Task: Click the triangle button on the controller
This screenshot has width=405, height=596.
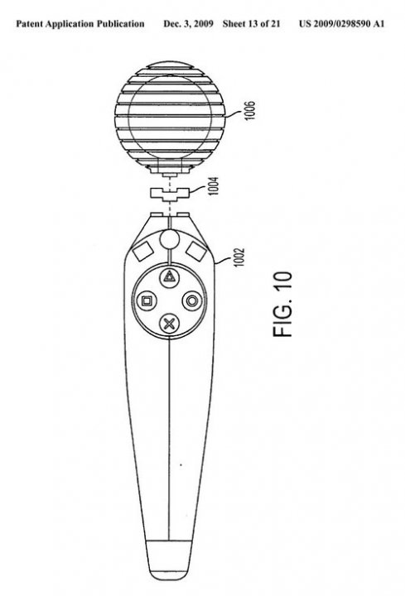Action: [169, 276]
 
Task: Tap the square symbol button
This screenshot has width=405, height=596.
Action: [147, 301]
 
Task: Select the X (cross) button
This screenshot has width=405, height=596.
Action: [169, 324]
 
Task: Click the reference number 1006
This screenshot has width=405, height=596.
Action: [250, 111]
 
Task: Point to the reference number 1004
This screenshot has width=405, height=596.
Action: [214, 186]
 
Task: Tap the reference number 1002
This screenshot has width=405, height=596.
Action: [239, 257]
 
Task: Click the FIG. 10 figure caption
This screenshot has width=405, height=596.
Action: [282, 304]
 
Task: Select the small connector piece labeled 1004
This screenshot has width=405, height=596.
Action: [170, 194]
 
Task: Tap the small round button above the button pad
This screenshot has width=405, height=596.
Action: [169, 238]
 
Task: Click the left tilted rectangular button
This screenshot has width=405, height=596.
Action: [142, 251]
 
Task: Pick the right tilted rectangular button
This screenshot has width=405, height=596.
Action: [196, 251]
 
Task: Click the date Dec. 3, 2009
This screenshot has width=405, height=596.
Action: [188, 24]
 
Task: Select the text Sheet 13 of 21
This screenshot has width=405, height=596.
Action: [252, 24]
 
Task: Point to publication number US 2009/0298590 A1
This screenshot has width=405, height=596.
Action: [341, 24]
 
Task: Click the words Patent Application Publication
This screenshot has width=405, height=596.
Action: [80, 24]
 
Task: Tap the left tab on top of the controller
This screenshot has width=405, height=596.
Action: [157, 215]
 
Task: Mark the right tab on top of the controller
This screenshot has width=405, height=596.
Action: [182, 215]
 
